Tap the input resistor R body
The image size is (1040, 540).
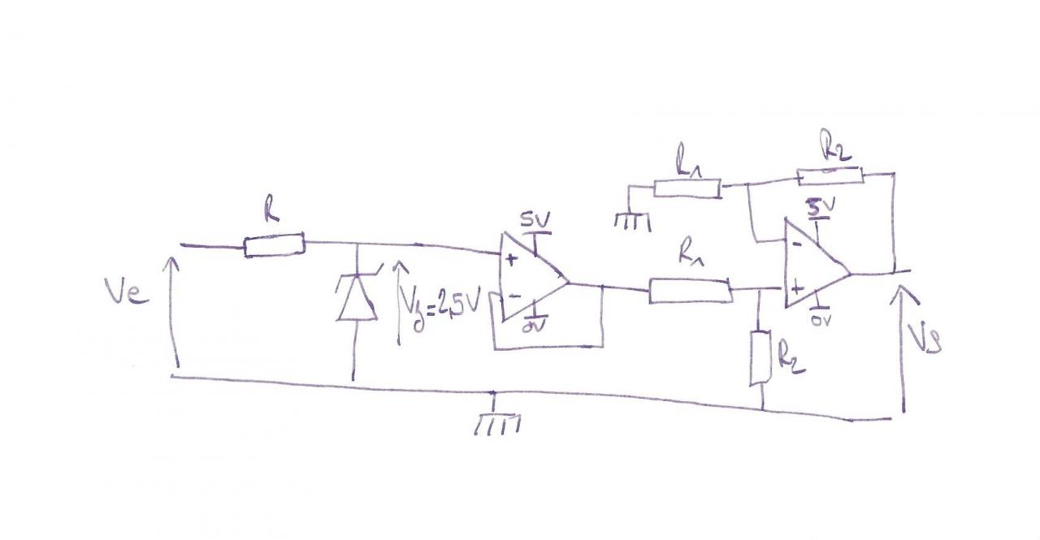274,244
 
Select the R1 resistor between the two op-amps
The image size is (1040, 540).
689,291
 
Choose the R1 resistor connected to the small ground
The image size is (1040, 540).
687,188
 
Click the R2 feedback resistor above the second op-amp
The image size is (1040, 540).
829,175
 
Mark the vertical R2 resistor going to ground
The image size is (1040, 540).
759,357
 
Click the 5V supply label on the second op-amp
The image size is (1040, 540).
818,207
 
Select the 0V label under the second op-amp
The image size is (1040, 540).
821,321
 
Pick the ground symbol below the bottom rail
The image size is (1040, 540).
496,423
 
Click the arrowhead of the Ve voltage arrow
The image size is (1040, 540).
173,261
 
